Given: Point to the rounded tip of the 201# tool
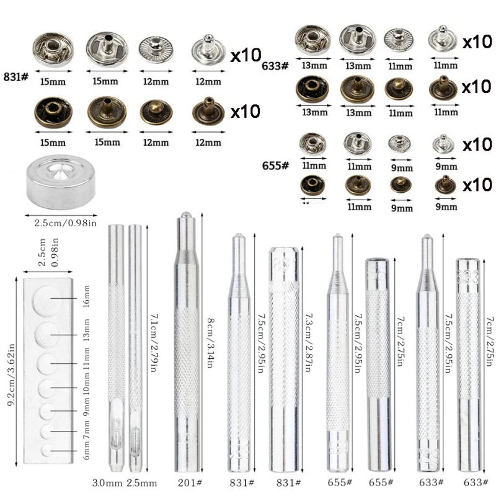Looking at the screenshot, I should tap(184, 217).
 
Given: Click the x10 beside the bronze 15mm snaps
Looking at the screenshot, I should tap(246, 112).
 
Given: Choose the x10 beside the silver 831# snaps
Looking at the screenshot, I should tap(246, 56).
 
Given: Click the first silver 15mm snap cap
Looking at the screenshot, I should tap(53, 50).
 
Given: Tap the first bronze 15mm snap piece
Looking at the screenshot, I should tap(53, 112).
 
